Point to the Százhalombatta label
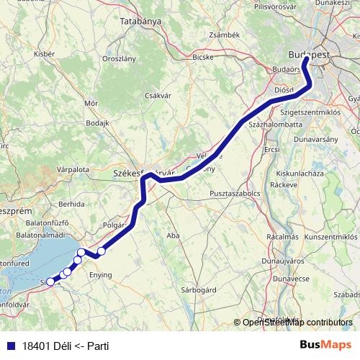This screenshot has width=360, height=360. (274, 125)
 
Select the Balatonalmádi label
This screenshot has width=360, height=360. (40, 235)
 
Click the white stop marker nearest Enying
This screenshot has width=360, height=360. (102, 251)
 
